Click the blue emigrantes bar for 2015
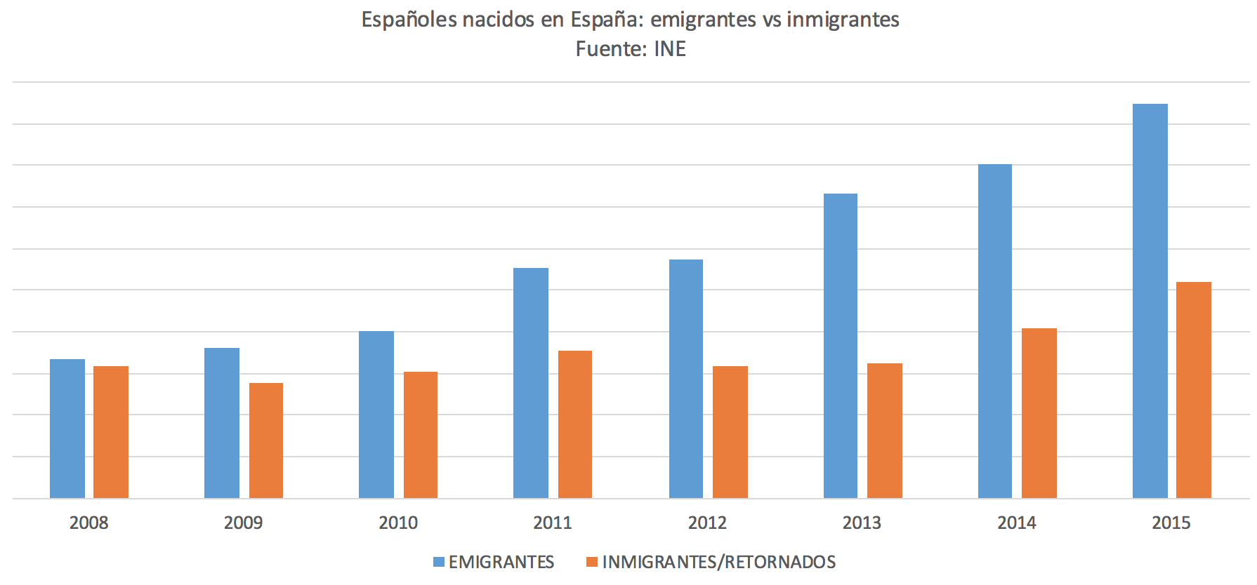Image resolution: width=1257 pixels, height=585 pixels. (x=1150, y=302)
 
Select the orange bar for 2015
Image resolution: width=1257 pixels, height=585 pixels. (x=1193, y=390)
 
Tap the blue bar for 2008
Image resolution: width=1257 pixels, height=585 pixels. (x=67, y=429)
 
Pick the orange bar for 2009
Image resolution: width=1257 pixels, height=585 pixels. (x=266, y=441)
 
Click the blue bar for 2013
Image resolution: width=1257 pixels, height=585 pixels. (x=840, y=346)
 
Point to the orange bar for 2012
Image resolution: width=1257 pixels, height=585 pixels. (x=730, y=432)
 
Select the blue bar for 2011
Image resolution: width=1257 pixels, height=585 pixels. (x=530, y=383)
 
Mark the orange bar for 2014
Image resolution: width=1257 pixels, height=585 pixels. (x=1039, y=413)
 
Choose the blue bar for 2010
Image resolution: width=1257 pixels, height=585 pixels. (x=376, y=415)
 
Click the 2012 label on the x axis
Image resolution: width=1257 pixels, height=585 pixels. (x=707, y=523)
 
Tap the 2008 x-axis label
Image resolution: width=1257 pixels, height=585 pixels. (x=88, y=523)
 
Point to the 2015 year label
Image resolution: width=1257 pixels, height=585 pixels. (x=1171, y=523)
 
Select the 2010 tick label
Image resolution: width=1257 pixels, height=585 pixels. (x=398, y=523)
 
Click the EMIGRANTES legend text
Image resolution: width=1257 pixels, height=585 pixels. (x=501, y=562)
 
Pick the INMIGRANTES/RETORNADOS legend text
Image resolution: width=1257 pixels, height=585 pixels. (x=718, y=562)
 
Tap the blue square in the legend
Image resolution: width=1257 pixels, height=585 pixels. (x=439, y=562)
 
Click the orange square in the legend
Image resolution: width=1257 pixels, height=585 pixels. (x=592, y=562)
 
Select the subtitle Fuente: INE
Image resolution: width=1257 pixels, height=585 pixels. (x=631, y=49)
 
